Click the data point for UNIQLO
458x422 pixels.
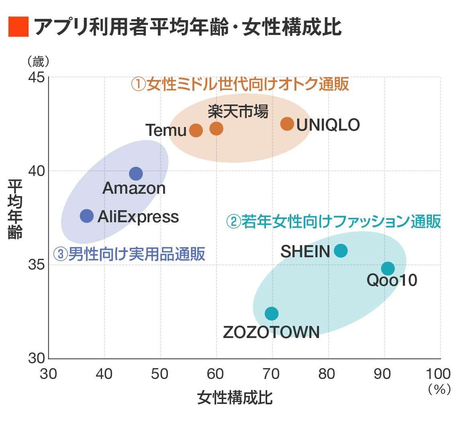click(x=287, y=124)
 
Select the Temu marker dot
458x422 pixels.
click(x=196, y=130)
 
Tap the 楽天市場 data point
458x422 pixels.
click(x=216, y=128)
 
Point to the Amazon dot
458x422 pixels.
click(x=136, y=174)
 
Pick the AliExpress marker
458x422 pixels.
click(x=87, y=216)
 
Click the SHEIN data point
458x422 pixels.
click(x=341, y=251)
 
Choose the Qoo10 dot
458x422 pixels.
click(x=388, y=268)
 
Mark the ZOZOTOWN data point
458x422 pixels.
click(x=272, y=313)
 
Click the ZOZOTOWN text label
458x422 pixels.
click(x=271, y=332)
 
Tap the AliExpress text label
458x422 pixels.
click(x=138, y=217)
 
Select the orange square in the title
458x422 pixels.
click(x=18, y=27)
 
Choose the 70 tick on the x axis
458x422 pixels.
click(x=272, y=374)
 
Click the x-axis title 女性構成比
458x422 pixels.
click(x=235, y=397)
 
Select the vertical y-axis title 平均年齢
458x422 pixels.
click(x=15, y=209)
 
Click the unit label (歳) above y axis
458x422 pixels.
click(x=38, y=61)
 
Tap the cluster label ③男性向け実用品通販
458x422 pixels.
click(x=129, y=254)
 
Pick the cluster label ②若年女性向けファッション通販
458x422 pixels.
click(x=333, y=221)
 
